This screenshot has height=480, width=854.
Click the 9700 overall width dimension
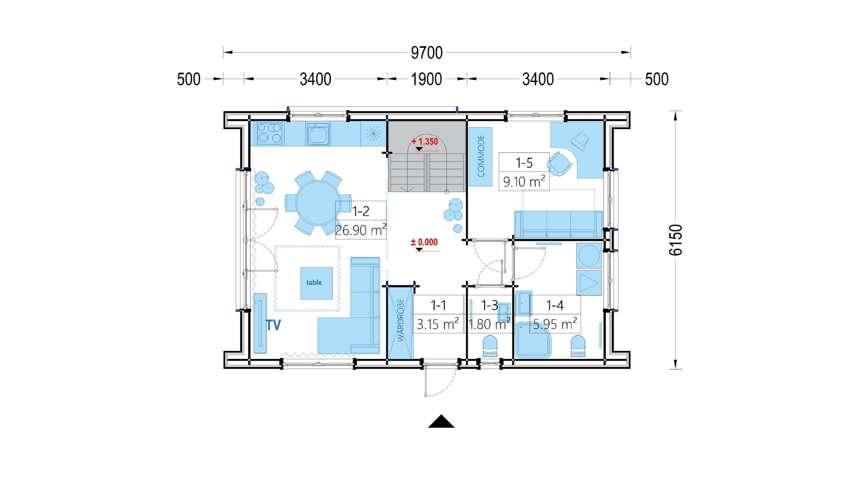427,53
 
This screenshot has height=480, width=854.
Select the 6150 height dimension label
676,240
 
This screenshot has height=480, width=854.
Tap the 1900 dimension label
426,79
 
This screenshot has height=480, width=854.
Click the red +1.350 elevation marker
425,142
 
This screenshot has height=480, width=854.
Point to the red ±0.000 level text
424,242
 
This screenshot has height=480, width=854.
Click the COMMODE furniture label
481,156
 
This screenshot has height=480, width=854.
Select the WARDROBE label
401,320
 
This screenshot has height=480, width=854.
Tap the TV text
273,325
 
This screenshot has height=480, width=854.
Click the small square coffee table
316,283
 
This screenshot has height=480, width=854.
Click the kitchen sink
318,134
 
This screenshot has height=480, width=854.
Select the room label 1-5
524,163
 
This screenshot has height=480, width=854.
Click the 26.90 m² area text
361,230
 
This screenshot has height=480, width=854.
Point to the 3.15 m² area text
438,324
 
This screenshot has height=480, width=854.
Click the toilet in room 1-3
490,346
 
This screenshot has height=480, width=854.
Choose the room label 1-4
555,305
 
